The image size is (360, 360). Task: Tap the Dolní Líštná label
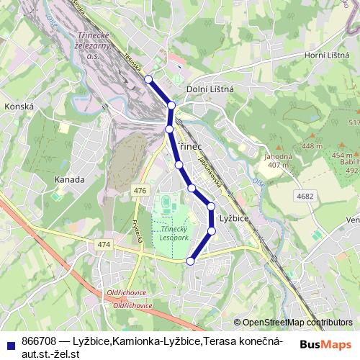pyautogui.click(x=210, y=89)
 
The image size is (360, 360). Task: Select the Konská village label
pyautogui.click(x=19, y=106)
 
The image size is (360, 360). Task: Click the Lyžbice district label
pyautogui.click(x=233, y=217)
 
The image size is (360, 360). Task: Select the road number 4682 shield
pyautogui.click(x=305, y=195)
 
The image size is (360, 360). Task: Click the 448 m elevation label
pyautogui.click(x=312, y=147)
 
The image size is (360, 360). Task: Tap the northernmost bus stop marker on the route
pyautogui.click(x=148, y=79)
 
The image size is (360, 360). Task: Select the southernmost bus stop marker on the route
pyautogui.click(x=191, y=261)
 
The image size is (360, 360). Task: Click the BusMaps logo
pyautogui.click(x=325, y=344)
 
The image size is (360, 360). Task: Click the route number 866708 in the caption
pyautogui.click(x=40, y=340)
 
